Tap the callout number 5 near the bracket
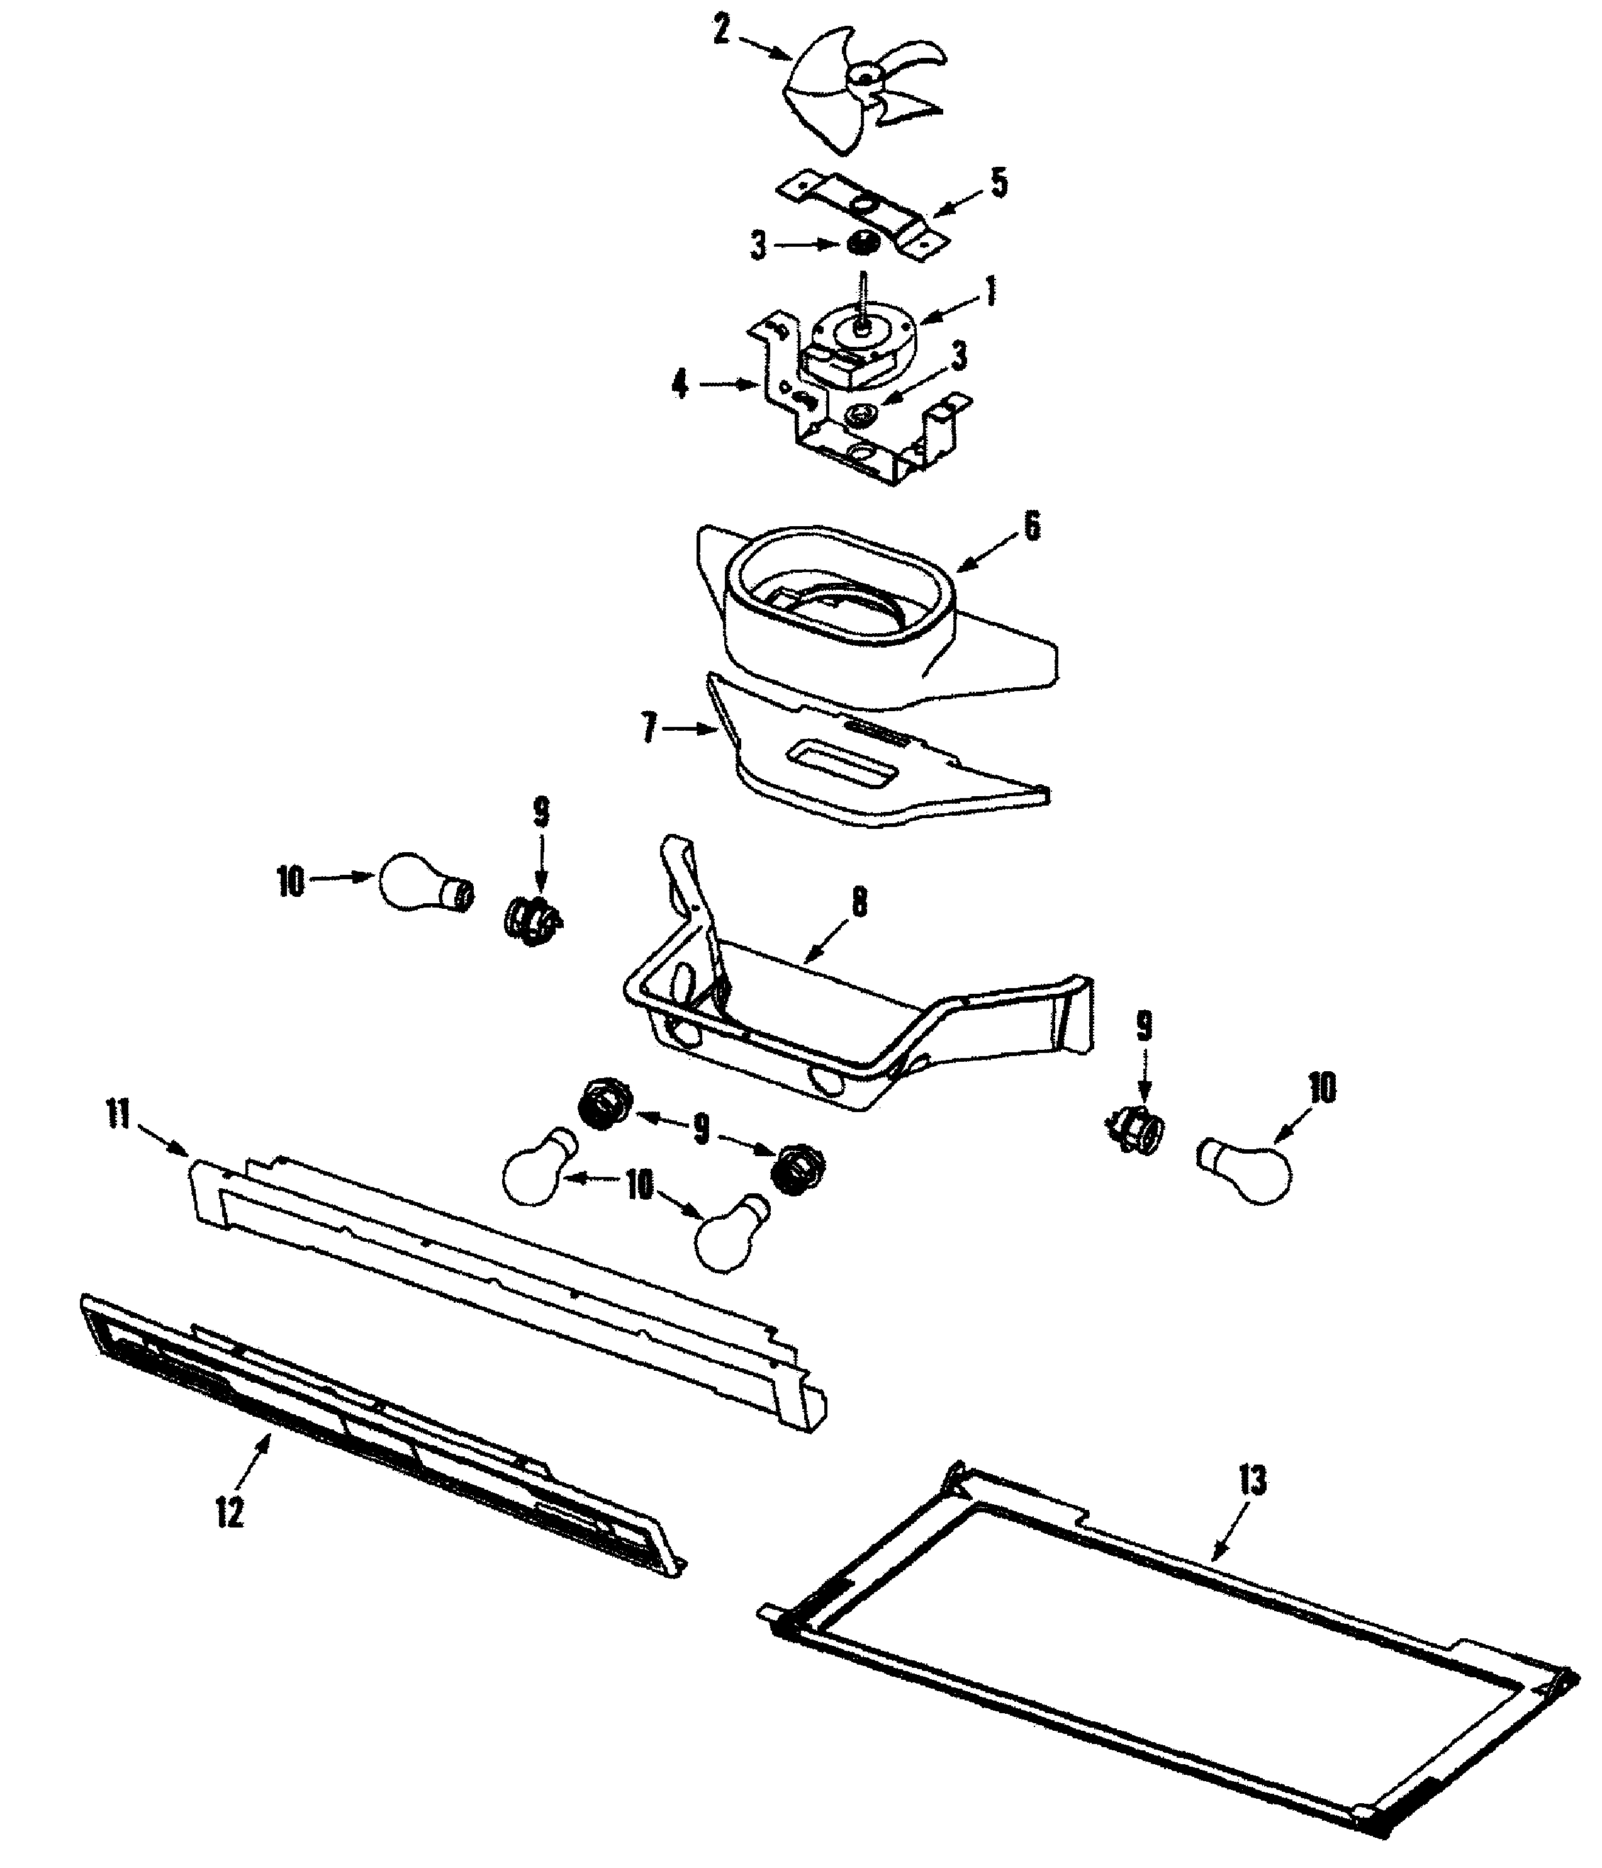tap(998, 183)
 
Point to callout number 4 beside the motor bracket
tap(680, 386)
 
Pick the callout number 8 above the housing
tap(859, 903)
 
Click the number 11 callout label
tap(118, 1116)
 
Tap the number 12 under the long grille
tap(229, 1512)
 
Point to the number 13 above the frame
tap(1252, 1481)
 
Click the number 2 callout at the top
tap(721, 31)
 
